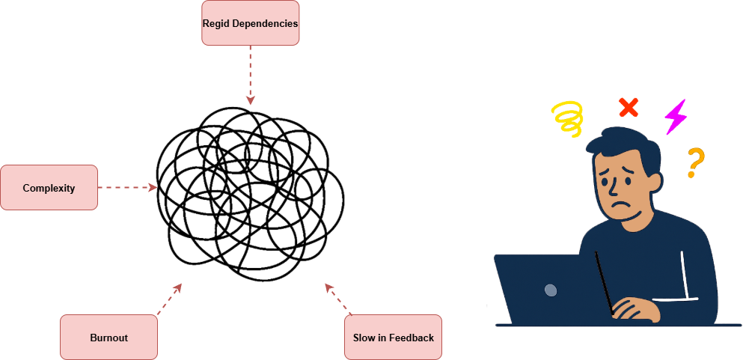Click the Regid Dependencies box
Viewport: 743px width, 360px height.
tap(250, 23)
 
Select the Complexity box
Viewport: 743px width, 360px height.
tap(49, 188)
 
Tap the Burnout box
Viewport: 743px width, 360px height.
tap(108, 338)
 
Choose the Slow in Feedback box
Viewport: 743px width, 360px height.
tap(393, 338)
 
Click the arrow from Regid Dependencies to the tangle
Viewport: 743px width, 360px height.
tap(251, 75)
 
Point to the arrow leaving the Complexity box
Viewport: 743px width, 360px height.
tap(127, 188)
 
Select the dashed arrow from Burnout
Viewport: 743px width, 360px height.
tap(168, 299)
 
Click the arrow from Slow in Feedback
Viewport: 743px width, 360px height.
tap(338, 299)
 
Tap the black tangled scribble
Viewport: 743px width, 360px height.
tap(250, 191)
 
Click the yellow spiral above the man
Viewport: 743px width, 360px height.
tap(568, 119)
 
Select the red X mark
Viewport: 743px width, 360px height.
tap(629, 109)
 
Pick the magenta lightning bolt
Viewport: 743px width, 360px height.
tap(676, 116)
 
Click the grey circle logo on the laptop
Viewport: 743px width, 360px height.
tap(551, 290)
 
